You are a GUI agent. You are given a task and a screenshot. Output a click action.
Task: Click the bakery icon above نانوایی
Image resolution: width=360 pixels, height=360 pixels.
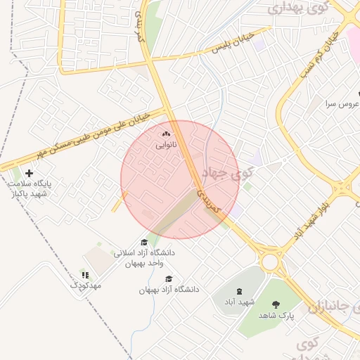(167, 134)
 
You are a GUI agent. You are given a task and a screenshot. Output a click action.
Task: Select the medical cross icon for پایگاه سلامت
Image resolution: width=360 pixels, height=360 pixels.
(29, 172)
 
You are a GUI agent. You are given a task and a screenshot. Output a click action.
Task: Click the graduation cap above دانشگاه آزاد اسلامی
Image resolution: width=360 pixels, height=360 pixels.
(144, 242)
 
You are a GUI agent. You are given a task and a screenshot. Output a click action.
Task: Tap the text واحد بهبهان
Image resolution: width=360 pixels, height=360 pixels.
(144, 263)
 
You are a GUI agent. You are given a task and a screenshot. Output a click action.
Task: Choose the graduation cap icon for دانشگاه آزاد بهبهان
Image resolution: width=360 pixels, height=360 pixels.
(169, 278)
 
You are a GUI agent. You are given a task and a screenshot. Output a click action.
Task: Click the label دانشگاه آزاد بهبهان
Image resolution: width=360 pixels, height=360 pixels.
(169, 289)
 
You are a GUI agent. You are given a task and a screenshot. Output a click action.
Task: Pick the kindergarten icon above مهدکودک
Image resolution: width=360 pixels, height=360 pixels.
(85, 275)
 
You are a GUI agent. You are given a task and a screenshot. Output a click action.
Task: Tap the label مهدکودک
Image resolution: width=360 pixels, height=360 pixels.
(86, 285)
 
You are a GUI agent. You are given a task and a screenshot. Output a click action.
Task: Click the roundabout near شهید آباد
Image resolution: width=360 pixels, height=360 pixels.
(269, 262)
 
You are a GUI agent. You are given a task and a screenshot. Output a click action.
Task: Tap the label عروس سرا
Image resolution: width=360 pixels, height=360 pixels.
(342, 103)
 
